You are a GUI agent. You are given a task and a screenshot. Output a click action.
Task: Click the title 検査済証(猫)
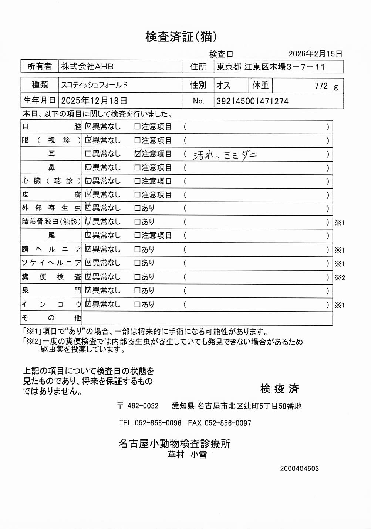point(181,37)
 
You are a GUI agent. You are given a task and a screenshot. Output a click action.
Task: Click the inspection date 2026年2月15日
point(315,54)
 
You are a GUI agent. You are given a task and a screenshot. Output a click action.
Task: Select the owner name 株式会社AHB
point(87,66)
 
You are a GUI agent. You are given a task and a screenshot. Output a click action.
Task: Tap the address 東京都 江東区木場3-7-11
point(270,67)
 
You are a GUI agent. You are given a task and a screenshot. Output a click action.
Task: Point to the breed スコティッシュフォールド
point(94,85)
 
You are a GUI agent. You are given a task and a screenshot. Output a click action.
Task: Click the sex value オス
point(223,86)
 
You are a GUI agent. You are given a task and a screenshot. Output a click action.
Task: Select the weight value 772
point(321,86)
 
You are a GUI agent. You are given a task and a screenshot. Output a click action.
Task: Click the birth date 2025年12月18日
point(94,101)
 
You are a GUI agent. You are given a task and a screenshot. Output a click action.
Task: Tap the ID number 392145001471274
point(252,101)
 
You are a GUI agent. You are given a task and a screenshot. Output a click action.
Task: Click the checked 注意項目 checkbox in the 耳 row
point(138,153)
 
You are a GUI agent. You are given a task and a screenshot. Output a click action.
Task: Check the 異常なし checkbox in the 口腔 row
point(88,126)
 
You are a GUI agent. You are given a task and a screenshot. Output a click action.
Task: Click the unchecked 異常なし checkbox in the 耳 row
point(88,154)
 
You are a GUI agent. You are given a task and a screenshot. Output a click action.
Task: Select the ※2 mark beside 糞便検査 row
point(340,277)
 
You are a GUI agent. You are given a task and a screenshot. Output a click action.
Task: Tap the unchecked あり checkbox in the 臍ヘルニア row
point(137,249)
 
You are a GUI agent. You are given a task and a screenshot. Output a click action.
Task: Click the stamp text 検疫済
point(279,389)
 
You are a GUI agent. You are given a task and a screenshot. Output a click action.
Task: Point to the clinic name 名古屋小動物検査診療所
point(174,443)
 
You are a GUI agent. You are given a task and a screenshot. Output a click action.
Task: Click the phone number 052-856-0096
point(158,423)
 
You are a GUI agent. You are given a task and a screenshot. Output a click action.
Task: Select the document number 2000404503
point(299,469)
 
